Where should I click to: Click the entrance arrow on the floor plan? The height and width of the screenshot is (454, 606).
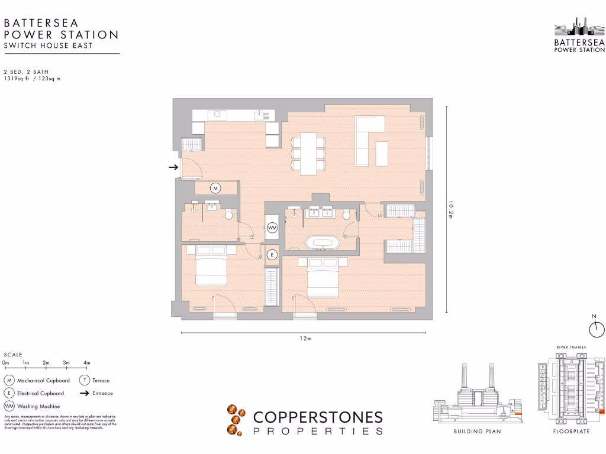[x=173, y=167]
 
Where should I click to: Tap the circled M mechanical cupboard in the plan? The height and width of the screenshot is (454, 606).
[x=215, y=189]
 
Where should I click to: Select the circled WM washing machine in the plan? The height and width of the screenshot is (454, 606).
[x=272, y=227]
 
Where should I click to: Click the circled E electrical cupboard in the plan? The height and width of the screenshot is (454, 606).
[x=272, y=255]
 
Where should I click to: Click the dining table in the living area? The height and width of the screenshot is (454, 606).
[x=308, y=153]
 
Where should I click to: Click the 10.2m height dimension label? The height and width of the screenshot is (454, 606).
[x=451, y=209]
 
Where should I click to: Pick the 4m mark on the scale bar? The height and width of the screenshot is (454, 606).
[x=86, y=362]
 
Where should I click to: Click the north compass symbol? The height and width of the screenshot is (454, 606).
[x=597, y=329]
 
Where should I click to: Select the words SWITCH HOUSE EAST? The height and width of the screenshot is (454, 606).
[x=48, y=46]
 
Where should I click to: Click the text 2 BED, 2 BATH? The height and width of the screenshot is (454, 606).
[x=26, y=72]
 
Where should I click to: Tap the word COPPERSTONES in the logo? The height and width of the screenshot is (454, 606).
[x=318, y=417]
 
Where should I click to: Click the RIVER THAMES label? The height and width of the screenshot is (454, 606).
[x=571, y=347]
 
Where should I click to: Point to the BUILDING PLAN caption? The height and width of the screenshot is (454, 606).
[x=477, y=432]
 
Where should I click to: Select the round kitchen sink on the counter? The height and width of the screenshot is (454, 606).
[x=217, y=114]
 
